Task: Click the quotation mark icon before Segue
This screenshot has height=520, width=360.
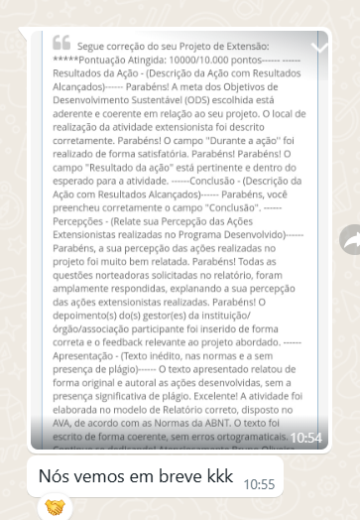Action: [x=61, y=43]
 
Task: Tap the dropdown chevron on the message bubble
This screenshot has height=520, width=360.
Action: [x=319, y=46]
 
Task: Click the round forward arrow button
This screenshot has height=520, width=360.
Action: [x=350, y=238]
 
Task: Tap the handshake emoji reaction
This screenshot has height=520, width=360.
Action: [x=54, y=508]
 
